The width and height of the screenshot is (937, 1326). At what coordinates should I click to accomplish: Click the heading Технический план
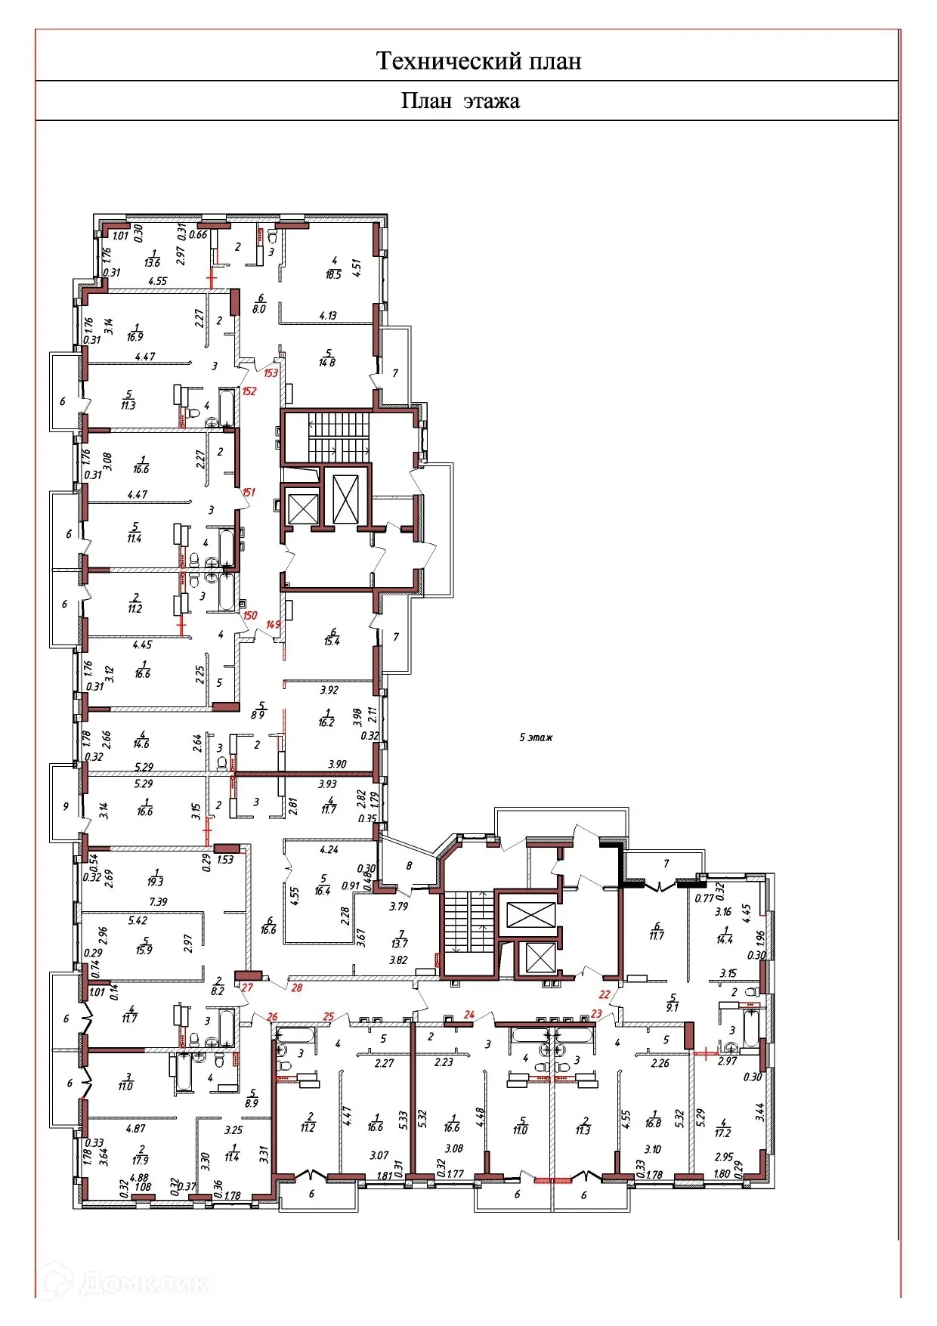pyautogui.click(x=478, y=60)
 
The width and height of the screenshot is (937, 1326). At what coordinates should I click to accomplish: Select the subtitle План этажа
pyautogui.click(x=459, y=101)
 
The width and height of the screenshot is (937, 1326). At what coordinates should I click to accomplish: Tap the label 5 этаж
pyautogui.click(x=536, y=737)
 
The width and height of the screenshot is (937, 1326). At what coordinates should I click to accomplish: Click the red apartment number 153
pyautogui.click(x=271, y=372)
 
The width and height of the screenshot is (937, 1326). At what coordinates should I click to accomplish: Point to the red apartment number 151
pyautogui.click(x=249, y=492)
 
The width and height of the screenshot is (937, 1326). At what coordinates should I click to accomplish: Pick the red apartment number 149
pyautogui.click(x=273, y=624)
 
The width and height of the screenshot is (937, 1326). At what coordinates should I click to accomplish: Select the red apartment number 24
pyautogui.click(x=469, y=1015)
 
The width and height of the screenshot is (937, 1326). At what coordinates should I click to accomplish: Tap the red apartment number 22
pyautogui.click(x=605, y=995)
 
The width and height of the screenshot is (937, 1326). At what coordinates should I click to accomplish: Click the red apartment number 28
pyautogui.click(x=297, y=988)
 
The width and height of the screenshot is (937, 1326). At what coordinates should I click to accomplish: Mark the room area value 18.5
pyautogui.click(x=333, y=275)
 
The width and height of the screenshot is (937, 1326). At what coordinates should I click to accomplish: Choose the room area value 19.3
pyautogui.click(x=156, y=882)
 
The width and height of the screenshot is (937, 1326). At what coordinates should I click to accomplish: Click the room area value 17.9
pyautogui.click(x=140, y=1161)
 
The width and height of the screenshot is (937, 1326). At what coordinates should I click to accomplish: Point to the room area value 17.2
pyautogui.click(x=722, y=1133)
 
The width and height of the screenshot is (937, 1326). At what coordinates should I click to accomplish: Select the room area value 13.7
pyautogui.click(x=398, y=944)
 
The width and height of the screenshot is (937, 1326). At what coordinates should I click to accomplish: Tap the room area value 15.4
pyautogui.click(x=332, y=641)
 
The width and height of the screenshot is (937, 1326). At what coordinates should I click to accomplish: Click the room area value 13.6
pyautogui.click(x=152, y=263)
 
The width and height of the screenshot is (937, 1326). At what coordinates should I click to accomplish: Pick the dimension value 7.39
pyautogui.click(x=158, y=902)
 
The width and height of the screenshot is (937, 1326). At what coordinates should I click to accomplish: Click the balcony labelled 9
pyautogui.click(x=66, y=806)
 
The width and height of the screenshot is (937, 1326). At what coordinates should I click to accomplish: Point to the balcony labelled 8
pyautogui.click(x=409, y=866)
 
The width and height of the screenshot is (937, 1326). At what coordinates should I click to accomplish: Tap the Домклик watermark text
pyautogui.click(x=143, y=1284)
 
